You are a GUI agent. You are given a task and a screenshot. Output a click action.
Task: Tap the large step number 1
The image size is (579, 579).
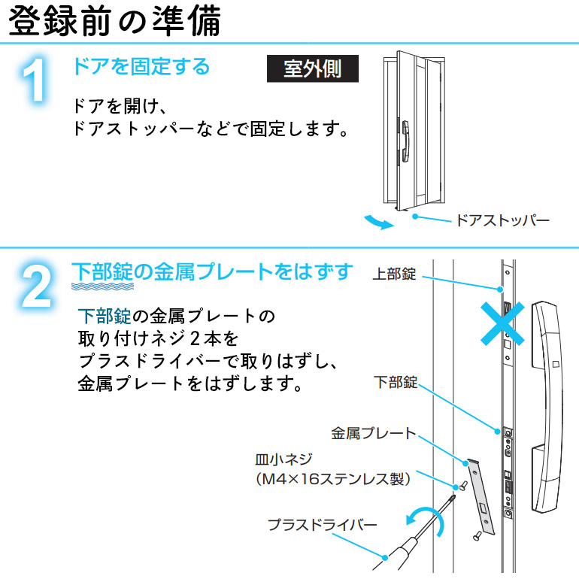coord(35,81)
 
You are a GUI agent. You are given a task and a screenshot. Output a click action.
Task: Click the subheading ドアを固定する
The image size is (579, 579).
coord(141,67)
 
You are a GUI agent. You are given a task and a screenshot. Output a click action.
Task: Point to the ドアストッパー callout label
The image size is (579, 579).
coord(502,220)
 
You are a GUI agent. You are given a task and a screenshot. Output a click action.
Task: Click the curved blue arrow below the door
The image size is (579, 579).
coord(377,221)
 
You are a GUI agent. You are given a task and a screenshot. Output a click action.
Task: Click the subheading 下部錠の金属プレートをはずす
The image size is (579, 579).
coord(211,271)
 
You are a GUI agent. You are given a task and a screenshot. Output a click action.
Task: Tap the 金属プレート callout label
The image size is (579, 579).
coord(373,433)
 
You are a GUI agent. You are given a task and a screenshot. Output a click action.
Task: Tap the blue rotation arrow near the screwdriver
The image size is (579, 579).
coord(421,517)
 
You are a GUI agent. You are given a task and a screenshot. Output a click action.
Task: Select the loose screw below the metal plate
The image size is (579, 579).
coord(476,535)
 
